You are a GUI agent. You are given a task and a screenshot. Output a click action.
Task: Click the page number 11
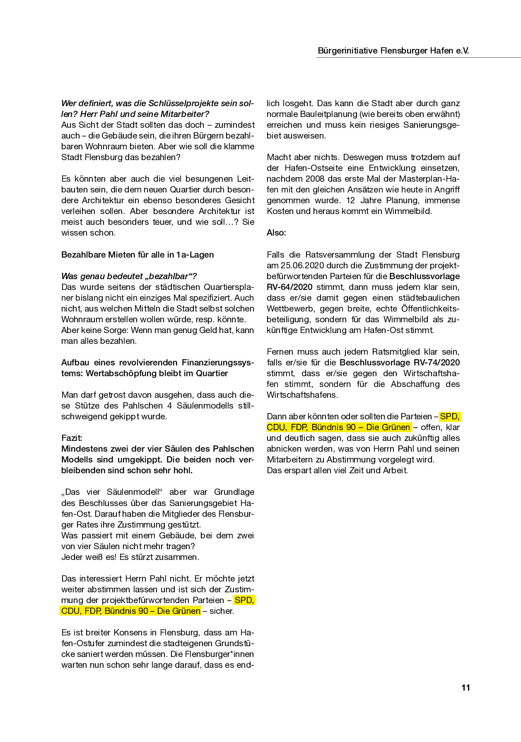tap(466, 688)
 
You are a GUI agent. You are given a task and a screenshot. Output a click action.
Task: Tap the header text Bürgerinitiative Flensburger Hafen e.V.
tap(393, 51)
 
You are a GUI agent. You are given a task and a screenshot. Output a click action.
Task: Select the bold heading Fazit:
tap(72, 438)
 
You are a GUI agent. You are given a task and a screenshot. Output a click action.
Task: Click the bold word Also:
tap(276, 233)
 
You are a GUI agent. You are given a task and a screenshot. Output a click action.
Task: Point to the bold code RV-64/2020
tap(290, 287)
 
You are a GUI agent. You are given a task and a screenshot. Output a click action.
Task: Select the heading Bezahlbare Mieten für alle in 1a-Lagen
tap(137, 255)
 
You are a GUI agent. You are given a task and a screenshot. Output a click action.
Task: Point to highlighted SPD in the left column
tap(244, 600)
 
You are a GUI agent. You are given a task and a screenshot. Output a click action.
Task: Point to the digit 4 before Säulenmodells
tap(169, 406)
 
